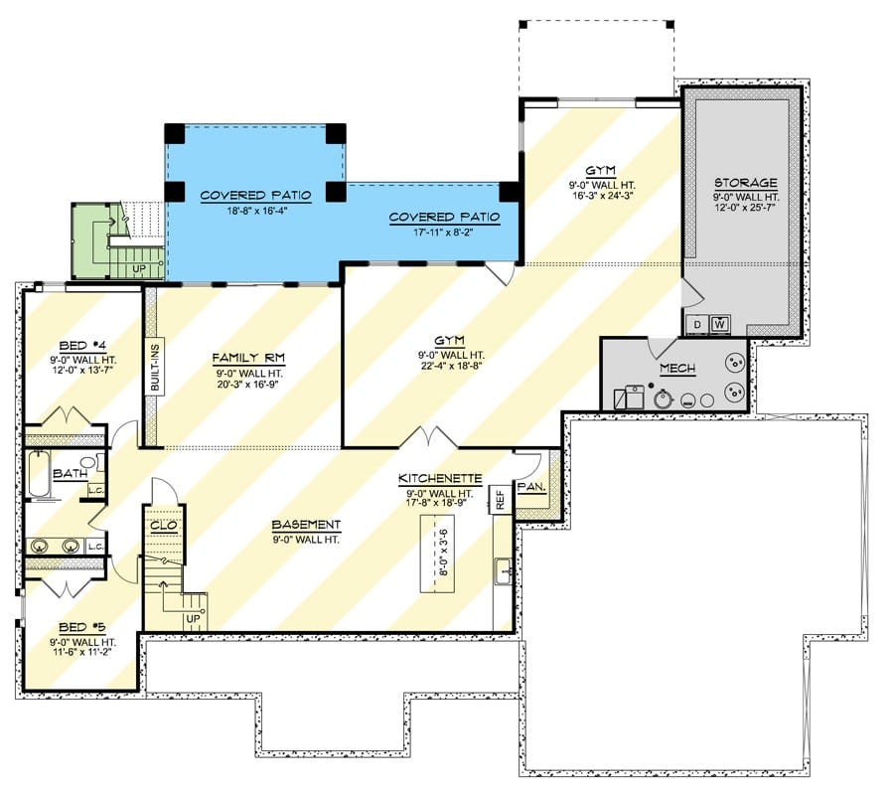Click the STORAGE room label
[745, 184]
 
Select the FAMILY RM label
[247, 357]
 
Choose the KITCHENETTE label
[436, 478]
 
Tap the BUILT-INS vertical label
[154, 366]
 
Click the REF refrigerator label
[501, 498]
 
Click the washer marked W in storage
[719, 324]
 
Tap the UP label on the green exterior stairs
[140, 269]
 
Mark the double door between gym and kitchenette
[427, 437]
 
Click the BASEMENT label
[306, 525]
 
